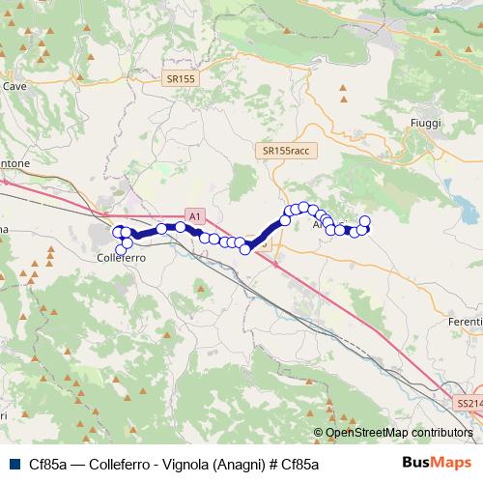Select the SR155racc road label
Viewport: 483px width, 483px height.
281,152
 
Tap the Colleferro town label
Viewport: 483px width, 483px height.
122,259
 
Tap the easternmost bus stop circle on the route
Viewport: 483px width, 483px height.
365,221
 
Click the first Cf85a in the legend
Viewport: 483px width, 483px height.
46,465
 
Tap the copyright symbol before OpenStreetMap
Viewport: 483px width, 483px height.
319,433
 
